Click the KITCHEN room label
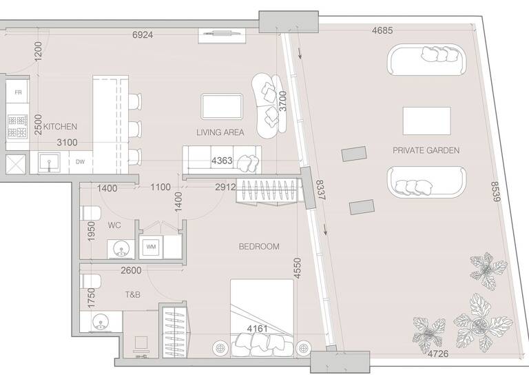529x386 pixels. click(60, 127)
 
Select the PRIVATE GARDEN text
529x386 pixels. click(426, 150)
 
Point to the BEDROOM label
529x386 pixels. click(259, 246)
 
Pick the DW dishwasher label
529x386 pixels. click(80, 162)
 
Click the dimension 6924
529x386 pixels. click(147, 34)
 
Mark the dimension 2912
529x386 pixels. click(226, 187)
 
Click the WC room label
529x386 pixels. click(114, 225)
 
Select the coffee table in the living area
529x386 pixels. click(222, 107)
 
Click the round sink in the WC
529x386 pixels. click(118, 247)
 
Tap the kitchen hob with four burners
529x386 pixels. click(16, 126)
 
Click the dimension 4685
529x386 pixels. click(383, 30)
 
